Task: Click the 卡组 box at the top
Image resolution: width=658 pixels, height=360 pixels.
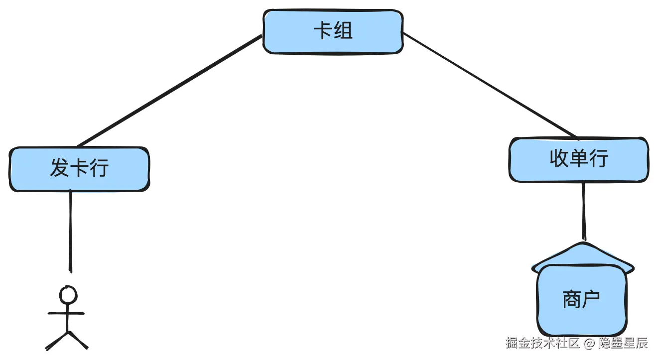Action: point(333,32)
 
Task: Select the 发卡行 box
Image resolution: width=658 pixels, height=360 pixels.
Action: point(79,169)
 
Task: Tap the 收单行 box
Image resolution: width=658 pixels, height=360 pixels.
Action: point(579,160)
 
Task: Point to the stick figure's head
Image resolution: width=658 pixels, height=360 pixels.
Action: point(68,294)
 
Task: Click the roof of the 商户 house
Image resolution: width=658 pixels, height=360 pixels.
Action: point(583,255)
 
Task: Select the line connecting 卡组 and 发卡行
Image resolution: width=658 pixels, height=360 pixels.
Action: point(169,91)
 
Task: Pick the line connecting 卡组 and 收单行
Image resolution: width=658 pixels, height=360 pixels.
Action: point(490,85)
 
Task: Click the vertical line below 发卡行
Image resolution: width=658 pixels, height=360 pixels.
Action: point(71,232)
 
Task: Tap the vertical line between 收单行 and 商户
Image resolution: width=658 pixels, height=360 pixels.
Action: point(584,212)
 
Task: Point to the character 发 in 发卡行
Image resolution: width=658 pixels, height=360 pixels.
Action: point(60,167)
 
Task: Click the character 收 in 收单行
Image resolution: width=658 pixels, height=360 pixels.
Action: point(559,158)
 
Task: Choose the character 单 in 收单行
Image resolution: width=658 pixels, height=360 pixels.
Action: point(579,158)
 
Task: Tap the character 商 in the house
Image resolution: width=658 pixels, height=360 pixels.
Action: point(572,299)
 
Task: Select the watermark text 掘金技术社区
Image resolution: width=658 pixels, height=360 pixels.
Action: point(542,343)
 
